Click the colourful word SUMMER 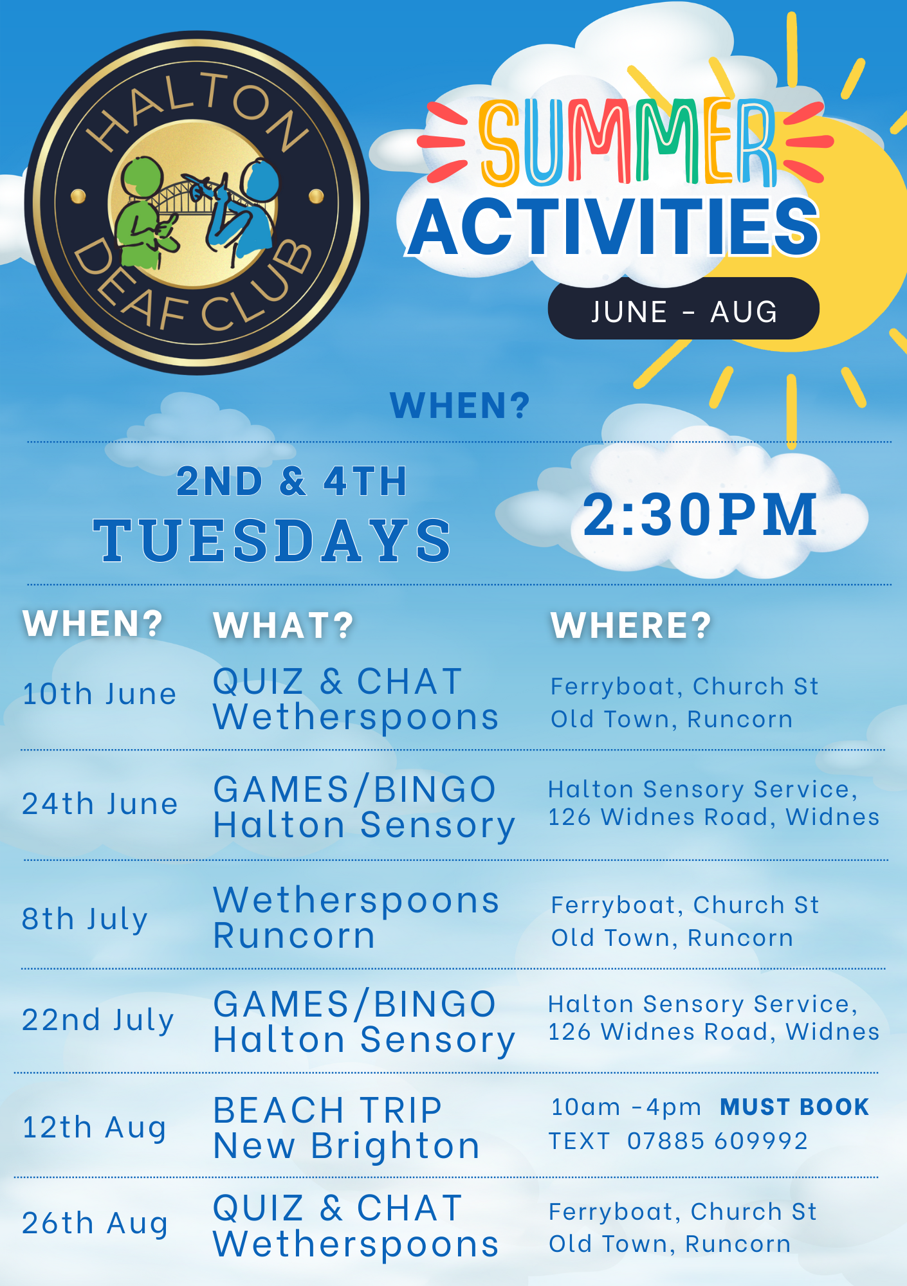pyautogui.click(x=627, y=141)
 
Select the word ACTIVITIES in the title pyautogui.click(x=614, y=226)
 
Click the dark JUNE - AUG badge pyautogui.click(x=683, y=309)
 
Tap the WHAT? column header pyautogui.click(x=284, y=626)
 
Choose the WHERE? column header pyautogui.click(x=631, y=626)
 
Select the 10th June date pyautogui.click(x=99, y=694)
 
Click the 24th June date pyautogui.click(x=100, y=804)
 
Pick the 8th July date pyautogui.click(x=85, y=919)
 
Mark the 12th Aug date pyautogui.click(x=94, y=1128)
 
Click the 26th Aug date pyautogui.click(x=95, y=1224)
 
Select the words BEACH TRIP pyautogui.click(x=327, y=1110)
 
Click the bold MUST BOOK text pyautogui.click(x=794, y=1107)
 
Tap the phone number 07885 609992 pyautogui.click(x=717, y=1141)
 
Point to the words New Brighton pyautogui.click(x=347, y=1147)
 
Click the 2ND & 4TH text pyautogui.click(x=291, y=481)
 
